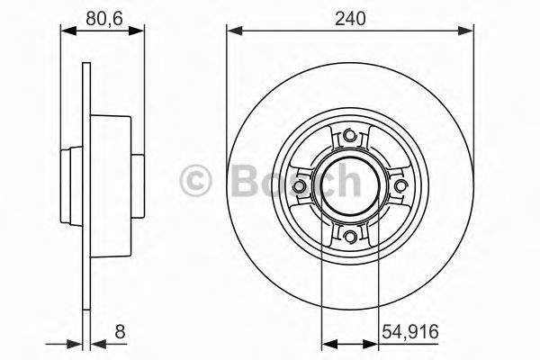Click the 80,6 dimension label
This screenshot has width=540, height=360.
[x=102, y=15]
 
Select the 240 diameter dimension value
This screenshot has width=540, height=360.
[x=349, y=15]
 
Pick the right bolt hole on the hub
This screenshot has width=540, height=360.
[x=400, y=186]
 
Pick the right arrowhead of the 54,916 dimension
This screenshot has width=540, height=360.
[x=373, y=342]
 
